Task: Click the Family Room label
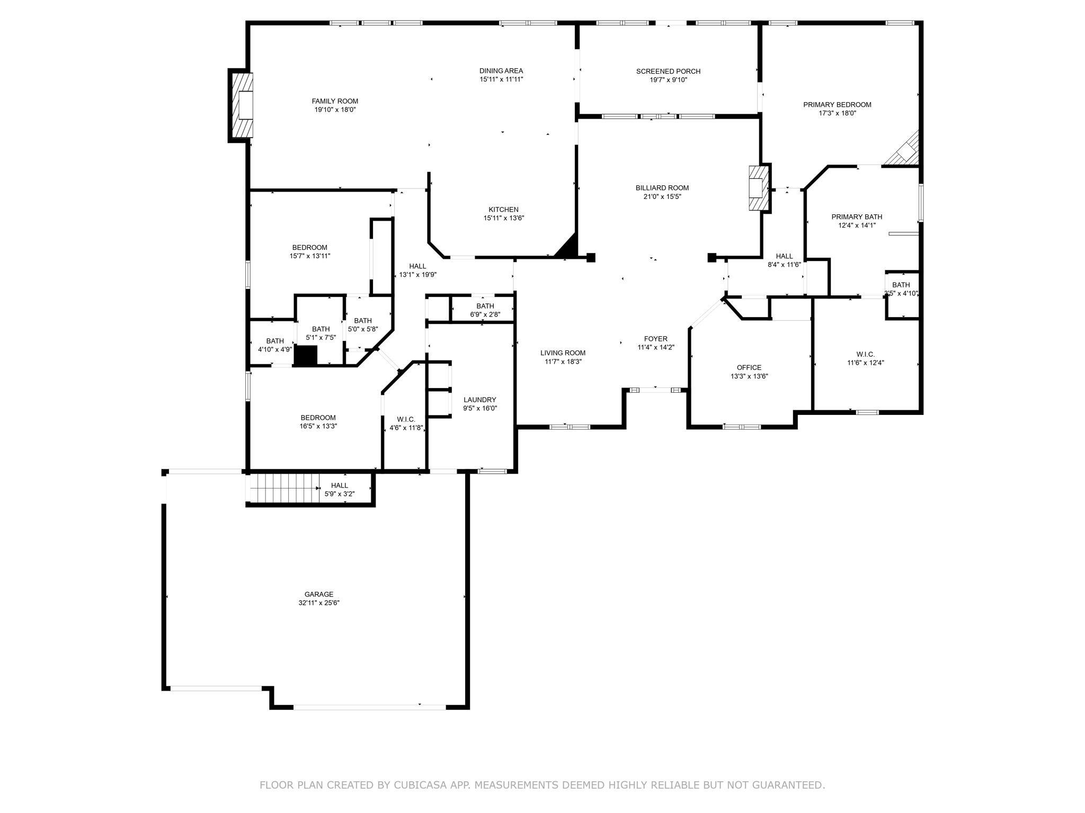(335, 101)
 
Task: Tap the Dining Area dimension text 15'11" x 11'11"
(501, 79)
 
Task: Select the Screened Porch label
(668, 71)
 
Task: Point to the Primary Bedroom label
(837, 105)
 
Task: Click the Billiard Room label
(662, 188)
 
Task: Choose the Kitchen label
(503, 210)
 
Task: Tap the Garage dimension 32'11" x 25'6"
(319, 603)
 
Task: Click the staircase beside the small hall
(284, 488)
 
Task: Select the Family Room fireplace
(243, 105)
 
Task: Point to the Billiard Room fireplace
(758, 188)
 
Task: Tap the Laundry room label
(480, 400)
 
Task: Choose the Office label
(749, 368)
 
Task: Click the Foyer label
(656, 339)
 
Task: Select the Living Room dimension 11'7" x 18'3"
(563, 362)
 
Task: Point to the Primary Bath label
(857, 217)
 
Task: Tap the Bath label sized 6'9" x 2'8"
(485, 306)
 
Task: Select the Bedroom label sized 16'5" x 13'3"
(318, 418)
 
